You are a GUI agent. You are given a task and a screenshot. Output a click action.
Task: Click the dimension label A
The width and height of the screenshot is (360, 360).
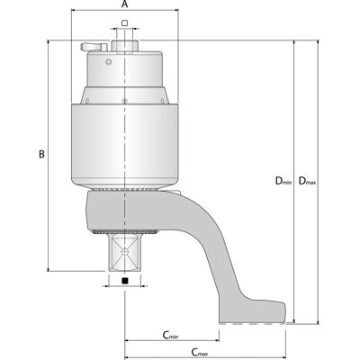pyautogui.click(x=125, y=4)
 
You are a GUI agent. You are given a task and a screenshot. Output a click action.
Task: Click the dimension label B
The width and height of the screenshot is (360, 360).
pyautogui.click(x=41, y=154)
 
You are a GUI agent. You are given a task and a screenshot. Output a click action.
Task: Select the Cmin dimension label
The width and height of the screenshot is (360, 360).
pyautogui.click(x=170, y=335)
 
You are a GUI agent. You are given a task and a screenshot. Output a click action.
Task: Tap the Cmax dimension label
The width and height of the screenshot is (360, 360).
pyautogui.click(x=200, y=352)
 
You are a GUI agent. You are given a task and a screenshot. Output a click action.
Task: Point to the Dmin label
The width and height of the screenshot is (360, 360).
pyautogui.click(x=283, y=181)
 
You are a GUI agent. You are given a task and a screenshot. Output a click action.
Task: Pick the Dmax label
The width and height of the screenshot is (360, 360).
pyautogui.click(x=307, y=181)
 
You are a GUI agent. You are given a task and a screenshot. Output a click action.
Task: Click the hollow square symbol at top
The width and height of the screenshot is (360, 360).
pyautogui.click(x=125, y=22)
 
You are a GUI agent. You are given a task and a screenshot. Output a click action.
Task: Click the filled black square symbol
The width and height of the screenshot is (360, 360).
pyautogui.click(x=125, y=281)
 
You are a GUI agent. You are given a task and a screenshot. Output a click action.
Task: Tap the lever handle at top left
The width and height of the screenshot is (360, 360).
pyautogui.click(x=94, y=47)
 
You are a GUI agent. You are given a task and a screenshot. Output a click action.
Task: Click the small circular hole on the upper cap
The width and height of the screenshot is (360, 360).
pyautogui.click(x=109, y=62)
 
